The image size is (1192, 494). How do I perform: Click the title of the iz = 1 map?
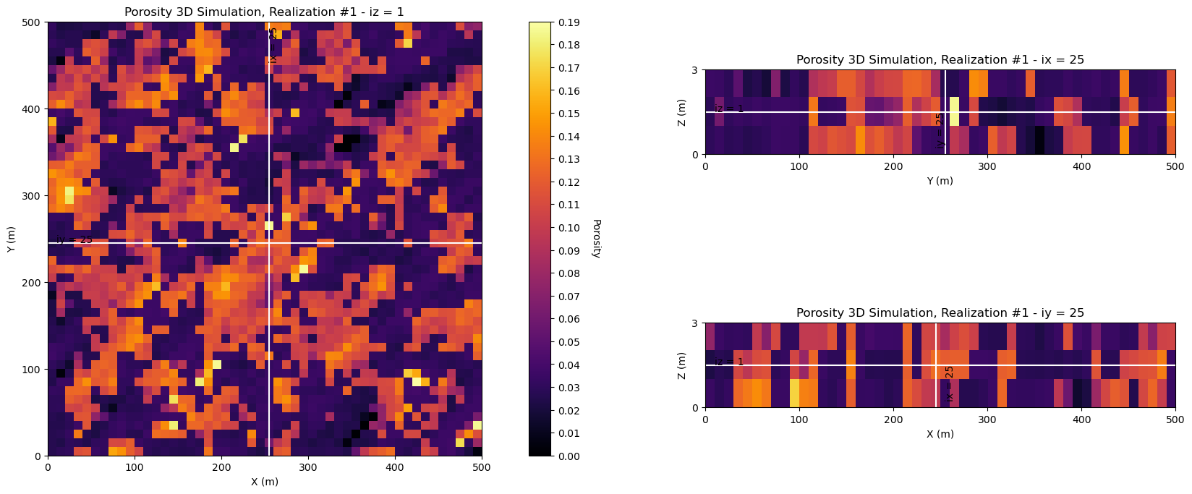click(264, 12)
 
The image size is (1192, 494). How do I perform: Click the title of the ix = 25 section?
click(940, 60)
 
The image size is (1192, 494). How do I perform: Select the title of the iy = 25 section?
click(940, 313)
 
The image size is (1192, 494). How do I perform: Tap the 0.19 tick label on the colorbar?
click(569, 22)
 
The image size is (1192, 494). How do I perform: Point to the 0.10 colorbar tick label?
click(569, 228)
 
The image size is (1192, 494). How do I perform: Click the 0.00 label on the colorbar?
click(569, 456)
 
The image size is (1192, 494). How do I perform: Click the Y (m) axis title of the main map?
click(11, 239)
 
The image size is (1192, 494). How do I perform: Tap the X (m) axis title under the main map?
click(264, 482)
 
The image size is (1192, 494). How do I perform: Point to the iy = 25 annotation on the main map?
click(74, 239)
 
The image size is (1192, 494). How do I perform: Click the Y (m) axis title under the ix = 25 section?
click(940, 181)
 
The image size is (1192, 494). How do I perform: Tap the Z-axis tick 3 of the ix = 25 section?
click(694, 70)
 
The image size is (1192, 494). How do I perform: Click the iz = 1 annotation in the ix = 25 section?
click(729, 109)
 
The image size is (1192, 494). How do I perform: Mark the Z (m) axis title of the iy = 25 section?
click(682, 365)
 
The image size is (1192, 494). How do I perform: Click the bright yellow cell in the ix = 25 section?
click(954, 111)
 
